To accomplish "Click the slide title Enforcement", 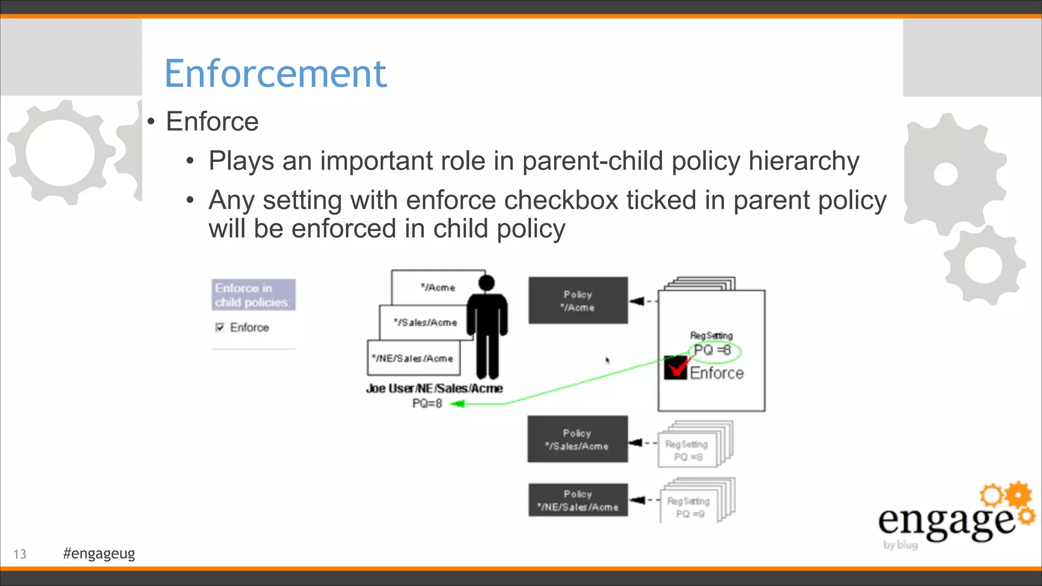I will pos(275,74).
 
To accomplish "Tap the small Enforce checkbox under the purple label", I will pos(220,327).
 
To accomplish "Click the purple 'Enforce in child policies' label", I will pos(253,295).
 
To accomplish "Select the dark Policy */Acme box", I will pos(578,301).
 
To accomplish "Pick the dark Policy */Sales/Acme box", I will pos(577,439).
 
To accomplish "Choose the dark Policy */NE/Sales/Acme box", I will pos(578,500).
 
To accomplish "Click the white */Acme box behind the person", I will pos(438,287).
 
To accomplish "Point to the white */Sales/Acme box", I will pos(425,323).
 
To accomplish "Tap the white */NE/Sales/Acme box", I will pos(413,358).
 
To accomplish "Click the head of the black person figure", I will pos(486,283).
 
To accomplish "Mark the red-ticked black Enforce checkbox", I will pos(676,367).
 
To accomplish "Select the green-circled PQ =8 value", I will pos(713,350).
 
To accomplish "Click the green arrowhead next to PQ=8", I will pos(457,404).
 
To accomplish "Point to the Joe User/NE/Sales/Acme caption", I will pos(434,389).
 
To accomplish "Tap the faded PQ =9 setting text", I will pos(690,514).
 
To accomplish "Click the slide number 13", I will pos(20,554).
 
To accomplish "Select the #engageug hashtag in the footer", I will pos(99,553).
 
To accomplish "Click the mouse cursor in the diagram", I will pos(607,360).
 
